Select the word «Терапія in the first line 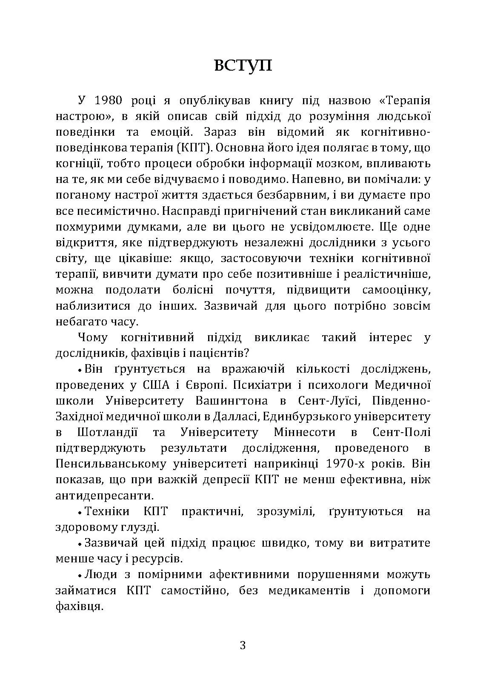click(x=404, y=101)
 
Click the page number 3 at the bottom click(x=243, y=645)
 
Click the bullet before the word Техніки click(x=80, y=512)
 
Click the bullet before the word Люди click(x=80, y=576)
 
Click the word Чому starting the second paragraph click(x=93, y=338)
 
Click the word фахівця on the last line click(x=79, y=606)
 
